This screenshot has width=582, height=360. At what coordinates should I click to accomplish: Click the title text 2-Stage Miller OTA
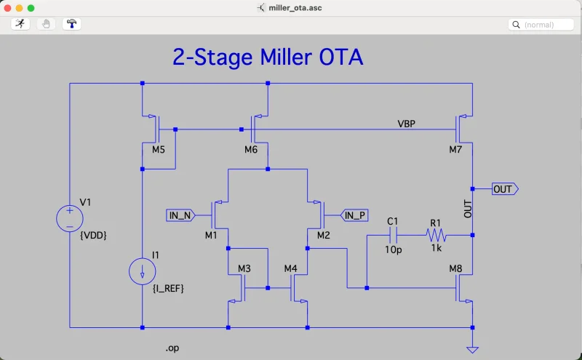click(267, 57)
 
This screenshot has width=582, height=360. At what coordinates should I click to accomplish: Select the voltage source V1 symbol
click(70, 217)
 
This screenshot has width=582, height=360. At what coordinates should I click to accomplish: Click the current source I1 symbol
click(143, 272)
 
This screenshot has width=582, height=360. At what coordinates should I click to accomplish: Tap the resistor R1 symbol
click(436, 235)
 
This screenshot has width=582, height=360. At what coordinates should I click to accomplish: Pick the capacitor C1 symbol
click(394, 235)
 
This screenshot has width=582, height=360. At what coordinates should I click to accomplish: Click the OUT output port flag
click(504, 189)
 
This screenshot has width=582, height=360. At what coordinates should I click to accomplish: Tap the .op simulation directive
click(172, 348)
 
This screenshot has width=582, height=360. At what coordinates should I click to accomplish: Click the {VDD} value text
click(93, 235)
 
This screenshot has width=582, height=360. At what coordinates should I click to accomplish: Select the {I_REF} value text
click(168, 289)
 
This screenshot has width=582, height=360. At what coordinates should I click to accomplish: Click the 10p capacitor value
click(393, 249)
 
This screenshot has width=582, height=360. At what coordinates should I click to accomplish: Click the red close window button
click(9, 7)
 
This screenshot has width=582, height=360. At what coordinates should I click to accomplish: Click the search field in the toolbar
click(542, 25)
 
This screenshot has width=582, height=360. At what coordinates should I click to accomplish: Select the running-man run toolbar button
click(20, 24)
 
